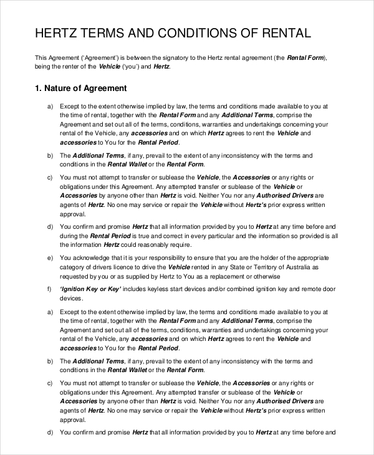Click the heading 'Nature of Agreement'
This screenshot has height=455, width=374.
pos(87,89)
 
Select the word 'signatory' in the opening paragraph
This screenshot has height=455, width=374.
pos(175,57)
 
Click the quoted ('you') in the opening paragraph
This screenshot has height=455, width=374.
pos(130,66)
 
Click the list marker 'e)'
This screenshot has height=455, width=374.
pos(50,257)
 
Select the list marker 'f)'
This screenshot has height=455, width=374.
pos(49,290)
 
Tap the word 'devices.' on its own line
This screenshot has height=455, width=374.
pos(71,299)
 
